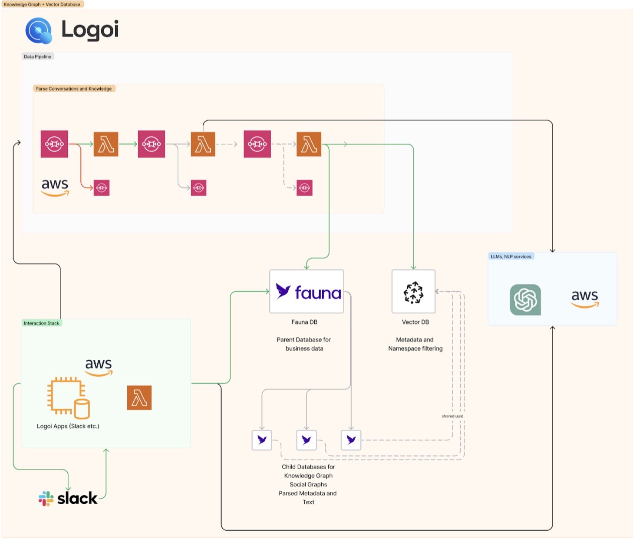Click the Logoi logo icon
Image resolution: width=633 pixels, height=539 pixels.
39,30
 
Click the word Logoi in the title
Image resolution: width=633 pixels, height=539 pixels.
90,30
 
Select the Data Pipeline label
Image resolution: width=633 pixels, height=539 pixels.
38,57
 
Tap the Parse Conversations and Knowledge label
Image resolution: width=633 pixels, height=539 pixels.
74,89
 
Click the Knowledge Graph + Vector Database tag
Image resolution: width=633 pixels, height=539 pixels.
42,4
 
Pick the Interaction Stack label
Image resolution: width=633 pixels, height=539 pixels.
42,323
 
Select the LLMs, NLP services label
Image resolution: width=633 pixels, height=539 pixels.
511,256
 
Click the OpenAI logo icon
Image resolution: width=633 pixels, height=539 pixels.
525,299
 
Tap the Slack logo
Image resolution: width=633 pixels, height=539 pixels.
68,498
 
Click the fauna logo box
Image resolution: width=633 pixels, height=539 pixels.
307,292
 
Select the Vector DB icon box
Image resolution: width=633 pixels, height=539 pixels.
413,292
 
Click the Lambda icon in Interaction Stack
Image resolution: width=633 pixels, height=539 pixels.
139,398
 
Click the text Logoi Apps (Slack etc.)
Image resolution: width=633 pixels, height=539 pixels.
68,426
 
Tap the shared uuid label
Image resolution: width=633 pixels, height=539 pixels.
452,416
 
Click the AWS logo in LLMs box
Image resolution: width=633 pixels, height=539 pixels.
585,299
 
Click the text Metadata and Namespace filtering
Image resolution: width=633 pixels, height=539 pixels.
415,344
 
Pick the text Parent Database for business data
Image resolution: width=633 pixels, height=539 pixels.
304,344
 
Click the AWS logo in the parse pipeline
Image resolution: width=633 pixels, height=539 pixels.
55,187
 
